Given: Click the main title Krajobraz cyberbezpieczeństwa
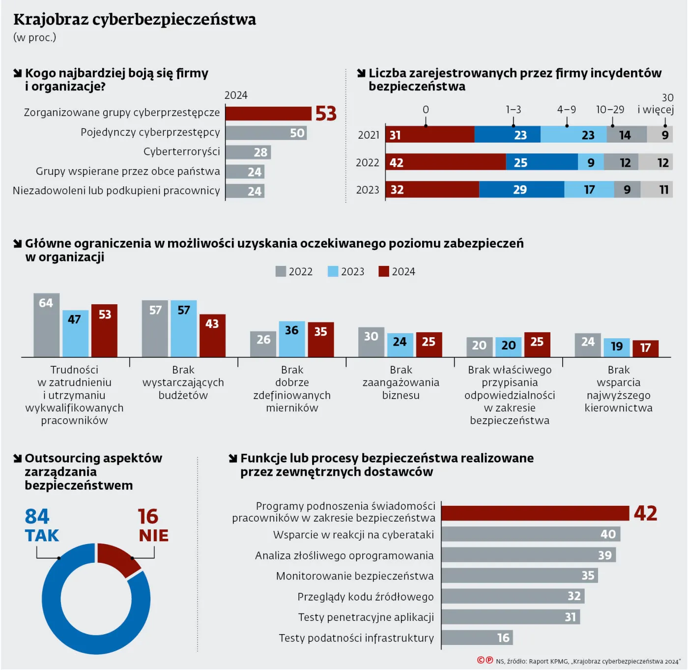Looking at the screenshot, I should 135,20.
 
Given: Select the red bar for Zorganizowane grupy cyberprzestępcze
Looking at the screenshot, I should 268,114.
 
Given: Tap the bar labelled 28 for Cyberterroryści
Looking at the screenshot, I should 248,152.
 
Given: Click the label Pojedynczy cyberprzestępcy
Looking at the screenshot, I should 150,132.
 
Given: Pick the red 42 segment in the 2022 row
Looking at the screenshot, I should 446,162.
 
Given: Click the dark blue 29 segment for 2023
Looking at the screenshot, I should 521,190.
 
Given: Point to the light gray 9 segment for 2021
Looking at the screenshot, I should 660,135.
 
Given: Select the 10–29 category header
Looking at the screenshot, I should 610,110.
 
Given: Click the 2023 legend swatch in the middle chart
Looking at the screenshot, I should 333,271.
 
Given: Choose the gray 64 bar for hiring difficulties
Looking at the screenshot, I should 46,325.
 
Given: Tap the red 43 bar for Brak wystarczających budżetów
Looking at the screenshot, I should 212,336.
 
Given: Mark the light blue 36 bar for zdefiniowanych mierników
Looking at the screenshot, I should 292,339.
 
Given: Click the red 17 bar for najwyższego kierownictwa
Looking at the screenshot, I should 645,348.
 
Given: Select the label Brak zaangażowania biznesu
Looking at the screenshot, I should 401,382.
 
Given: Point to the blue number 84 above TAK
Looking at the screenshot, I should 37,517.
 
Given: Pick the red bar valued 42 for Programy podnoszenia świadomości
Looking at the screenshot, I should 535,513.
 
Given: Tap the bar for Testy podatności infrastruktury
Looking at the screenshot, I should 477,638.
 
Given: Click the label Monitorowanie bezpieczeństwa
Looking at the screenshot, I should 355,576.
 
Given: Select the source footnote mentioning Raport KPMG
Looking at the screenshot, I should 588,661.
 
